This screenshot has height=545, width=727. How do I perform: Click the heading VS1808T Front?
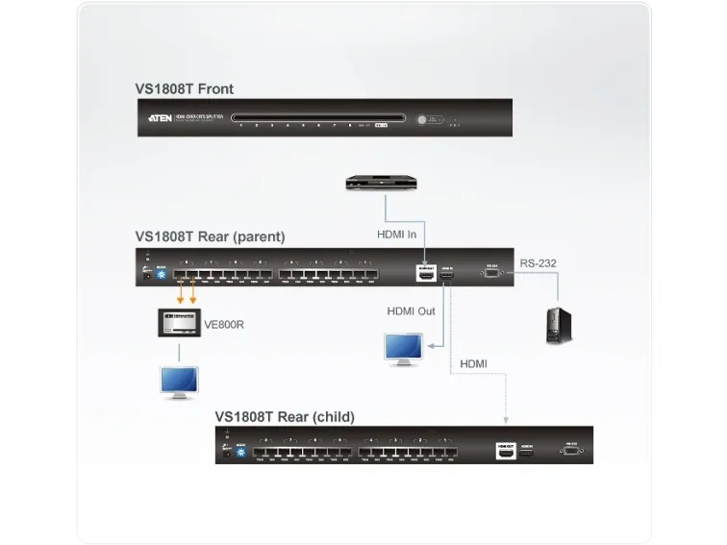coord(184,89)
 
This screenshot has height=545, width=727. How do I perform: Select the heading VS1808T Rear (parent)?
coord(210,236)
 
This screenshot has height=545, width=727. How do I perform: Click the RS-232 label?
coord(539,262)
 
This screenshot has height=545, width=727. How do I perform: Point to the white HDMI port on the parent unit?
coord(425,274)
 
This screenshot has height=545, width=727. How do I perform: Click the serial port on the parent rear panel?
coord(492,274)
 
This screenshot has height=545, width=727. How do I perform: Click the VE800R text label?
coord(224,325)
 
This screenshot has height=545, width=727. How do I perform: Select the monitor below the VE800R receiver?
coord(179,382)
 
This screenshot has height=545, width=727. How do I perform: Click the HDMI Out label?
coord(411,311)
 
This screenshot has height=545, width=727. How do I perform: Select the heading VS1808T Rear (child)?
coord(285,417)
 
